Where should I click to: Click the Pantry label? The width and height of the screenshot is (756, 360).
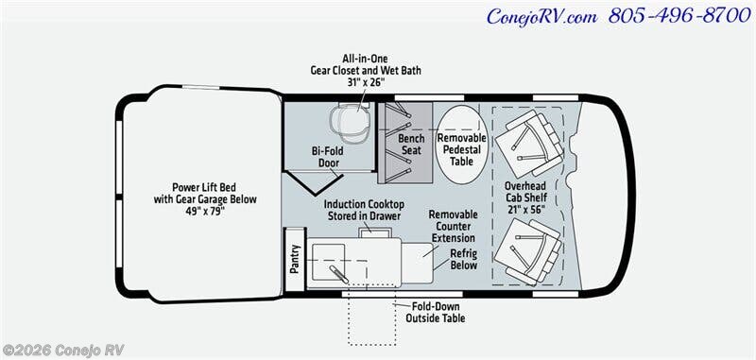(295, 259)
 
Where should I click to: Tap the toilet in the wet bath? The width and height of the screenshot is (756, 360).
(350, 123)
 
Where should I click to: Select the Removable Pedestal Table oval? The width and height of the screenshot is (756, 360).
(462, 145)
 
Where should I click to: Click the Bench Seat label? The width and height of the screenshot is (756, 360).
(411, 145)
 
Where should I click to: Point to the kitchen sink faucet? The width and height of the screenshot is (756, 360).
(338, 274)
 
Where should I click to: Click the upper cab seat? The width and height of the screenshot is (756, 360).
(529, 143)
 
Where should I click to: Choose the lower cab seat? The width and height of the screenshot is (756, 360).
(528, 251)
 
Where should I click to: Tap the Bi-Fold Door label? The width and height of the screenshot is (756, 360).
(328, 157)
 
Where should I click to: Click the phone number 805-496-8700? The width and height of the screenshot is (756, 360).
(679, 16)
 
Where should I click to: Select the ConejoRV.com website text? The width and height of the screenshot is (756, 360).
(541, 17)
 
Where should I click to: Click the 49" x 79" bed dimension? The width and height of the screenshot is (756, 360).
(205, 211)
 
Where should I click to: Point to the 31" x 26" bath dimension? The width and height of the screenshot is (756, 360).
(365, 82)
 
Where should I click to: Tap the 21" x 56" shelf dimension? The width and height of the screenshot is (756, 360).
(525, 209)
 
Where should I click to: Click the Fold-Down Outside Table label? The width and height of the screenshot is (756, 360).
(436, 313)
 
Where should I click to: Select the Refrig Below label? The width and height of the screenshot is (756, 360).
(463, 259)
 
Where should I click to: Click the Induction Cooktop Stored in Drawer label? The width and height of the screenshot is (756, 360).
(364, 210)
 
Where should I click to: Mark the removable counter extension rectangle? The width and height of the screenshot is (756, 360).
(418, 263)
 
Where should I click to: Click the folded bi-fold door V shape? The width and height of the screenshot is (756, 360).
(314, 183)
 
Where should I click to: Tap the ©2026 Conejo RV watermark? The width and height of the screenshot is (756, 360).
(62, 350)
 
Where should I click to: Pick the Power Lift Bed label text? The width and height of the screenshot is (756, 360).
(205, 187)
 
